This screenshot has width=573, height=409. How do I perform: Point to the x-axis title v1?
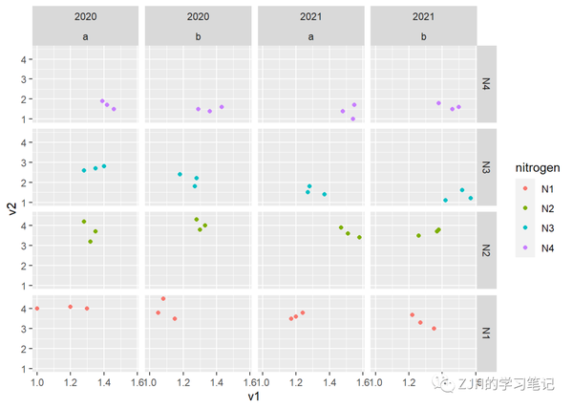(x=254, y=396)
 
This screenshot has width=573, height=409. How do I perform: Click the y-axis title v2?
(x=11, y=208)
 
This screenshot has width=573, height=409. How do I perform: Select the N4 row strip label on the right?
(x=485, y=84)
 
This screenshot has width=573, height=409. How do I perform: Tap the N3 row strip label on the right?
(x=485, y=167)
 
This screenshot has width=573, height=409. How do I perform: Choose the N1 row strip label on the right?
(x=485, y=332)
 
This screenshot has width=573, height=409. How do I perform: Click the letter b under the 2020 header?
(x=198, y=36)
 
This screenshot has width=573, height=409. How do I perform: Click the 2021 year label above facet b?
(x=424, y=15)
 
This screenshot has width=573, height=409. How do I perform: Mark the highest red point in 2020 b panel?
(x=163, y=299)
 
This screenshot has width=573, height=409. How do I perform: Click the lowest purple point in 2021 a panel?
(x=352, y=118)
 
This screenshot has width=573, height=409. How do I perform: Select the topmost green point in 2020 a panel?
(x=84, y=222)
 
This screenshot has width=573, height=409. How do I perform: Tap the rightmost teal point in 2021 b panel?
(x=471, y=198)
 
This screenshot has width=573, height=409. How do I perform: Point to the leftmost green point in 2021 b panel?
(x=418, y=235)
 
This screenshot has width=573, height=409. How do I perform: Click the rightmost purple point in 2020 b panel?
(x=222, y=107)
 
